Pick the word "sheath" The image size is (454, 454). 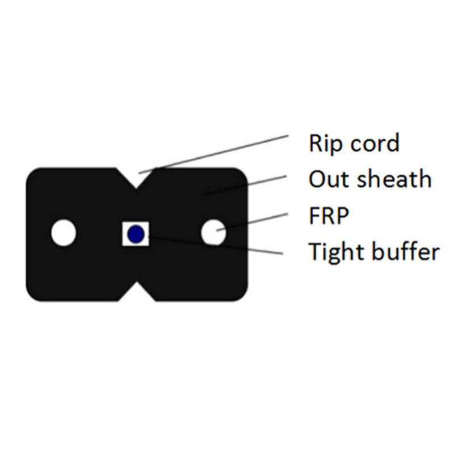click(x=394, y=178)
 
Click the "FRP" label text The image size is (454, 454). click(x=329, y=215)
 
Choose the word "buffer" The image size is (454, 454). click(x=406, y=251)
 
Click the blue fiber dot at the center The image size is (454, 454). click(x=136, y=234)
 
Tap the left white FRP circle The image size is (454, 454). click(x=64, y=233)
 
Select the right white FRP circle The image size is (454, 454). click(x=214, y=232)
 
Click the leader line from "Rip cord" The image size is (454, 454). click(x=214, y=154)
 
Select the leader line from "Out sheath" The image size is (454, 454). click(x=246, y=185)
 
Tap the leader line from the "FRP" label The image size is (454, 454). click(x=252, y=222)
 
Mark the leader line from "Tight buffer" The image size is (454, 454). click(x=216, y=246)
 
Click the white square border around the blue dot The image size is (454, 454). click(x=136, y=234)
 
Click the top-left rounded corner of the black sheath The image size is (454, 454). click(x=33, y=175)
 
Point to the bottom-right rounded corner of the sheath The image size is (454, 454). click(x=241, y=294)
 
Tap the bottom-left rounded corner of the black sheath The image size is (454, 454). click(x=33, y=294)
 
